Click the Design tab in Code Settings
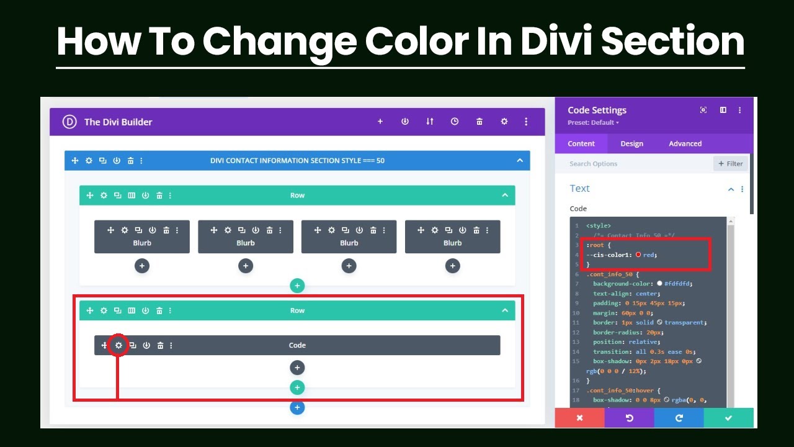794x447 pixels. point(631,143)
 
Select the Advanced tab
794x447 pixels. point(685,143)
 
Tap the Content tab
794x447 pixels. point(581,143)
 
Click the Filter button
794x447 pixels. point(731,164)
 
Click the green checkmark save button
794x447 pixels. point(728,418)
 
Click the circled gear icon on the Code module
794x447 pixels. point(118,345)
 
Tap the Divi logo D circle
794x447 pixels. point(69,122)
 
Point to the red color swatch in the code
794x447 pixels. point(638,255)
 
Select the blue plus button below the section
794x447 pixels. point(297,408)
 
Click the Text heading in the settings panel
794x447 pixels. point(579,189)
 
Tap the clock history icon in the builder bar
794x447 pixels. point(455,122)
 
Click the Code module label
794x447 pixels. point(297,345)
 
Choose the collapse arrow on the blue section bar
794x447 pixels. point(520,161)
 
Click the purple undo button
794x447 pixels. point(629,418)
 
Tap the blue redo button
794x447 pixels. point(679,418)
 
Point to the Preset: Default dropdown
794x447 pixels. point(593,123)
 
